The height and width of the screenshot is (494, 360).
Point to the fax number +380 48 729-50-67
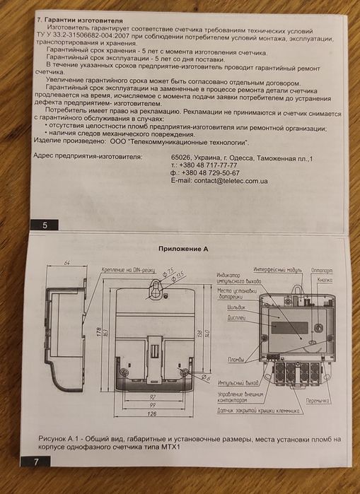(210, 173)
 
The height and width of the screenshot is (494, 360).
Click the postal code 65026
(182, 158)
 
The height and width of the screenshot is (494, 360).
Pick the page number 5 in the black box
(45, 225)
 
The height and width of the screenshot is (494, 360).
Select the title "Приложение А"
(187, 249)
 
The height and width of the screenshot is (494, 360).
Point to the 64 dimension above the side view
(68, 264)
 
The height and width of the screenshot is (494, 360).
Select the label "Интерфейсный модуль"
(278, 270)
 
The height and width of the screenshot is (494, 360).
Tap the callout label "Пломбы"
(236, 360)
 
